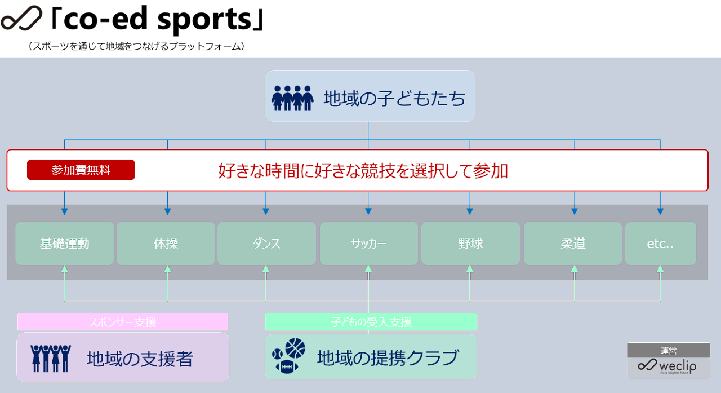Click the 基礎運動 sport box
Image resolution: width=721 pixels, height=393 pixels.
click(64, 244)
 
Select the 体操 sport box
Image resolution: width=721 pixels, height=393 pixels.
click(166, 244)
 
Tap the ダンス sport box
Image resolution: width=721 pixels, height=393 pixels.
click(266, 244)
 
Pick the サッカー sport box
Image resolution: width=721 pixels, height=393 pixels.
click(368, 244)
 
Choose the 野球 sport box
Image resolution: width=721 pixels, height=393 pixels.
click(470, 244)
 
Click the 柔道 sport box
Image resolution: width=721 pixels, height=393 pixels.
click(573, 244)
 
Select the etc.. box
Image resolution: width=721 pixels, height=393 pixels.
click(660, 244)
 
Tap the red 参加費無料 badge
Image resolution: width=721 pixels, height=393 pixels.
click(81, 170)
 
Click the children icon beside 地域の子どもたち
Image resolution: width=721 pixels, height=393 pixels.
click(292, 98)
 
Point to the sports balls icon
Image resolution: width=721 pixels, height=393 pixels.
click(288, 356)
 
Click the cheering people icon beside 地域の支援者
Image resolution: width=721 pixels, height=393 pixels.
click(51, 358)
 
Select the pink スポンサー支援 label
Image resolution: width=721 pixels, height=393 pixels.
click(122, 322)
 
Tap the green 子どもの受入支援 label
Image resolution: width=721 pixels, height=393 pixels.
click(371, 322)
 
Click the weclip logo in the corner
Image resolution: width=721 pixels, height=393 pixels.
click(668, 366)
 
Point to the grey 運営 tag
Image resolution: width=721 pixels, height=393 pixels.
click(669, 350)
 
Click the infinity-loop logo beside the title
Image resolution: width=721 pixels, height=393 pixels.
click(21, 20)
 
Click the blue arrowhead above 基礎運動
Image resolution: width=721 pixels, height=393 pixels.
click(64, 211)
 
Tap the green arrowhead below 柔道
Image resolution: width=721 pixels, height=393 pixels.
click(575, 269)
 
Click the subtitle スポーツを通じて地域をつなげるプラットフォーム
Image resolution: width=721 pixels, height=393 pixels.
click(136, 46)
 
